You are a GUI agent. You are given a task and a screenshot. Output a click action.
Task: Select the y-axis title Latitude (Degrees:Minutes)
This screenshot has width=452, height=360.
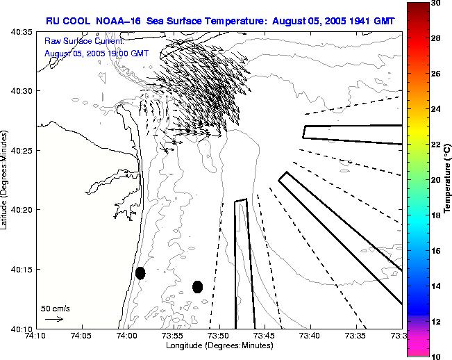[5, 181]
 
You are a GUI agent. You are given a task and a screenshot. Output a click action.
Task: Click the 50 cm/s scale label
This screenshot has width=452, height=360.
[55, 308]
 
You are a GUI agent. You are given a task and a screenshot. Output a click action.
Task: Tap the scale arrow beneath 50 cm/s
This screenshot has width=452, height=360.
[54, 319]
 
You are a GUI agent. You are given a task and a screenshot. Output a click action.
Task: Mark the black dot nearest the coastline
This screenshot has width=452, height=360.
[140, 273]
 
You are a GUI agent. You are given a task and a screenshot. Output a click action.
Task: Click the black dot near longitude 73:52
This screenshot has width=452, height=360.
[198, 286]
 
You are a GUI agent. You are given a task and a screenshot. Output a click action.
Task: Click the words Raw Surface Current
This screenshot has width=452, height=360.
[83, 42]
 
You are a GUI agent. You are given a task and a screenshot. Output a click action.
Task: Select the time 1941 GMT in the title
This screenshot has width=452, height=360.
[369, 21]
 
